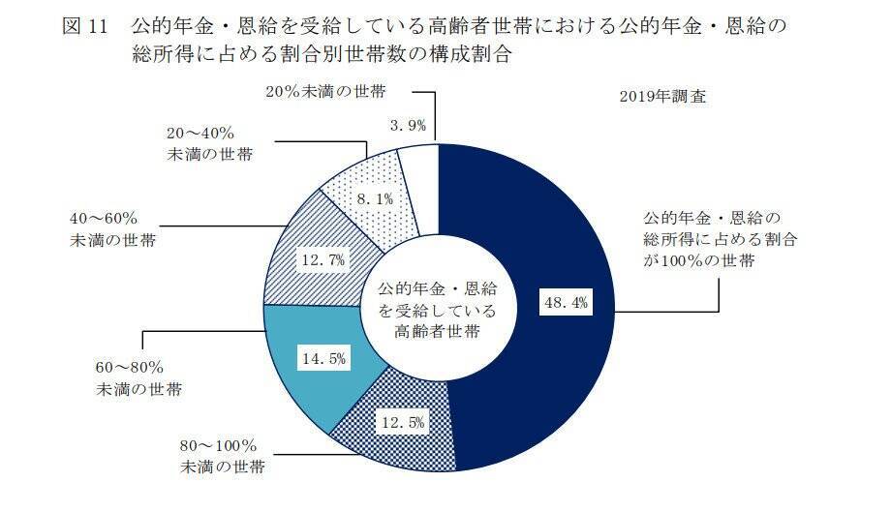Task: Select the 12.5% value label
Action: click(x=404, y=423)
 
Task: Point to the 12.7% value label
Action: click(x=325, y=260)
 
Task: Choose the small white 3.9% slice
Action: click(x=417, y=160)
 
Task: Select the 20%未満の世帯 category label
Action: click(x=324, y=91)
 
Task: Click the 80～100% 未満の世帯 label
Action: click(x=219, y=458)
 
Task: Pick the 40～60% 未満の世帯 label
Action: click(x=112, y=228)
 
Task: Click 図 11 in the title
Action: click(x=84, y=26)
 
